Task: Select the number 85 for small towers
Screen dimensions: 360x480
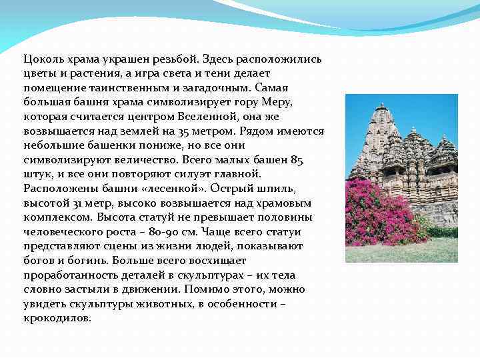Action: (x=297, y=159)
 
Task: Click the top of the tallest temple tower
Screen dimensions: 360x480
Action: (x=382, y=106)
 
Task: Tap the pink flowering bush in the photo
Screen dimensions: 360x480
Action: (x=387, y=213)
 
